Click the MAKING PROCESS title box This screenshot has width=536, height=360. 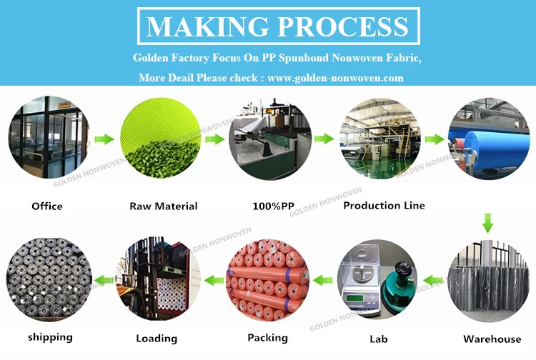coord(277,26)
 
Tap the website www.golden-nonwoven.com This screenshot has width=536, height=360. coord(336,77)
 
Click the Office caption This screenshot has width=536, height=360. coord(47,206)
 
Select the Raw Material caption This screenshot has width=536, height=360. coord(163,206)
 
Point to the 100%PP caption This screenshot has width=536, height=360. coord(273,206)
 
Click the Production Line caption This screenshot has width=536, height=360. coord(384,206)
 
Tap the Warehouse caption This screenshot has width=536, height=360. coord(492,339)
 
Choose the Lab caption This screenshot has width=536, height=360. coord(379,337)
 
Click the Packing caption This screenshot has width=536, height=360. coord(268,337)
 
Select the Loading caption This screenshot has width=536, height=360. coord(157,338)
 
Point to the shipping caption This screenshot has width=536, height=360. coord(50,336)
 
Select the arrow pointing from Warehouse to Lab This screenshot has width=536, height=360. coord(432,277)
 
